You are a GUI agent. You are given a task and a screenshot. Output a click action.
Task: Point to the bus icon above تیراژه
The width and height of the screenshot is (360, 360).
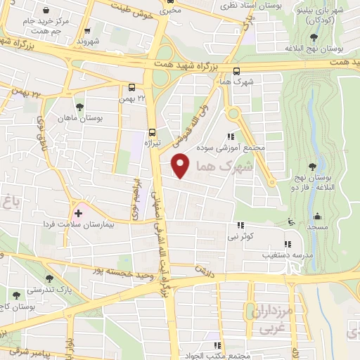[x=152, y=131]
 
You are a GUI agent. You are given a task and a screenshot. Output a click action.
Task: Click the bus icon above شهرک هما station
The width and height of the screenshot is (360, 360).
[x=236, y=71]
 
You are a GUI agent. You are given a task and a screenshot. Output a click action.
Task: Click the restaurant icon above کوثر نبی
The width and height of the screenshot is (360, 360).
[x=240, y=226]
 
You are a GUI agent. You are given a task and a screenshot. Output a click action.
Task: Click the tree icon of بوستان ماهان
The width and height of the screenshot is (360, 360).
[x=79, y=107]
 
